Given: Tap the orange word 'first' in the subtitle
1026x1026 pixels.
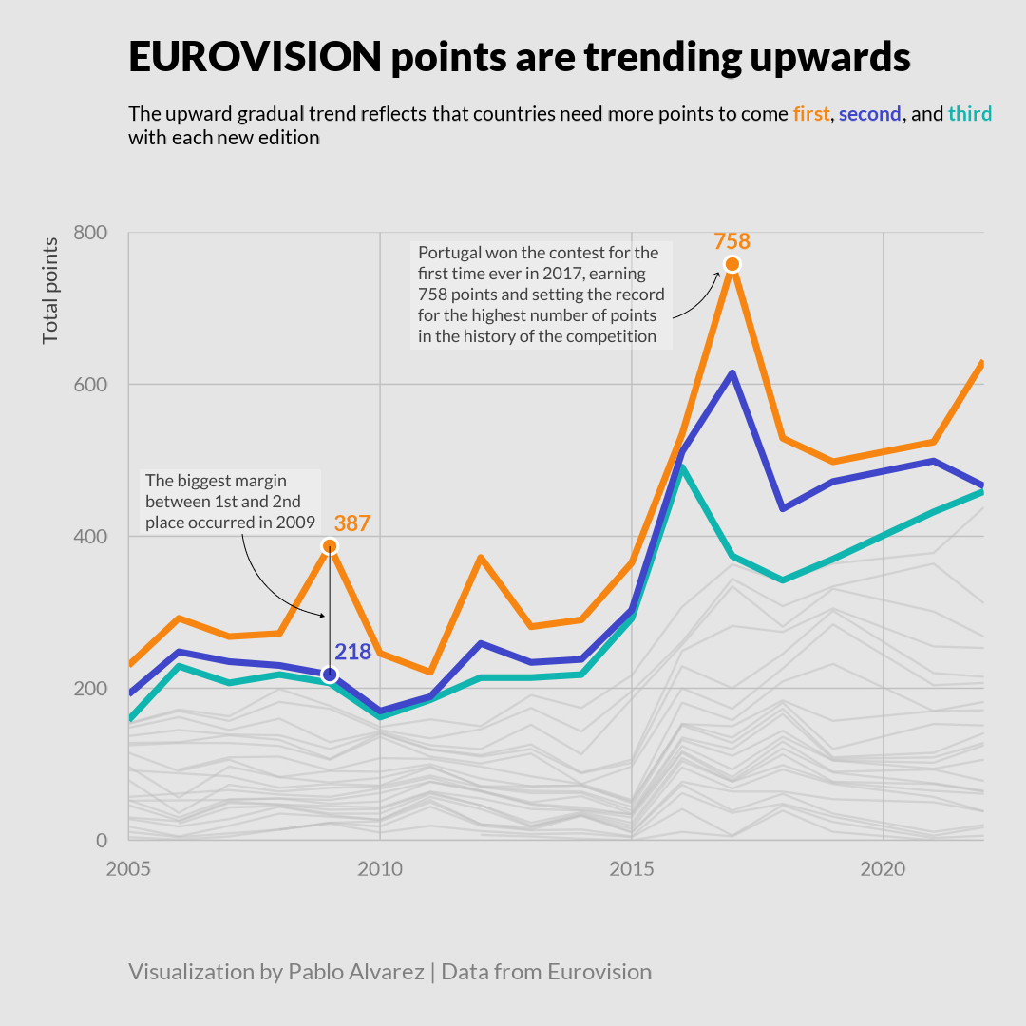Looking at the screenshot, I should (x=810, y=114).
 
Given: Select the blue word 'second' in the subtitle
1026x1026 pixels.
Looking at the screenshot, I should (x=869, y=114).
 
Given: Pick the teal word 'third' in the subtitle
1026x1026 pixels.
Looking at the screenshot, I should (x=969, y=114).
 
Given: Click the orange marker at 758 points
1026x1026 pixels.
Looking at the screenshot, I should (x=731, y=264).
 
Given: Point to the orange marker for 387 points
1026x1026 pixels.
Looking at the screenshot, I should (x=330, y=546).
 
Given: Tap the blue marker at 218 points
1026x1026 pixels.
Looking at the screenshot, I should (x=330, y=674).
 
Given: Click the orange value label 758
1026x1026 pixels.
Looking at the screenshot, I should (x=731, y=241).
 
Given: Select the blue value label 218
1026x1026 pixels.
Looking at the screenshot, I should (x=352, y=652).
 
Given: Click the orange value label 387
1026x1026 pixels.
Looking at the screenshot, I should (x=351, y=523).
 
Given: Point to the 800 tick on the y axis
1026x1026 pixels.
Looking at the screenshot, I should (x=89, y=233).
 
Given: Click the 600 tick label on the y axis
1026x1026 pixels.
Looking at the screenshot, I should (x=89, y=385).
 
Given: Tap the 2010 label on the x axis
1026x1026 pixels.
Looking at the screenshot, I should (x=380, y=868).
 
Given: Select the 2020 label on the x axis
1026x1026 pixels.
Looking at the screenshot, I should (x=883, y=868).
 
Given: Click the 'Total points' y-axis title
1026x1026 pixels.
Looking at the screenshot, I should (x=50, y=291).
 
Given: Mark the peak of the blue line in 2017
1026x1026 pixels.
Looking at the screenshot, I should (x=731, y=373).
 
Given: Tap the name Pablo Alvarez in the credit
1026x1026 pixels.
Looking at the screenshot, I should (x=356, y=972).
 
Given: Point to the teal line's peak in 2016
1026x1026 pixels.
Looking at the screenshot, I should (x=682, y=466).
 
